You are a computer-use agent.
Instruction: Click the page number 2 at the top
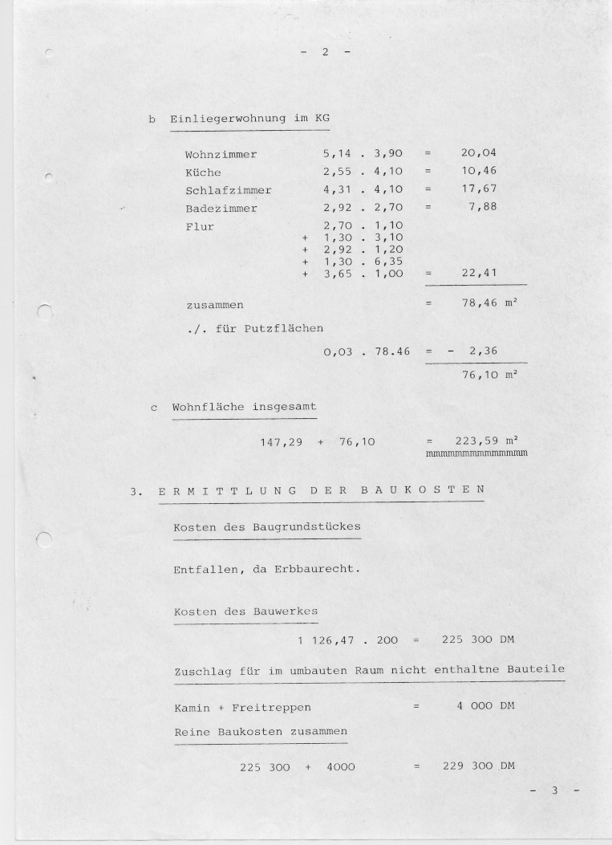[326, 52]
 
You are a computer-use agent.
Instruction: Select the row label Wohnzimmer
[221, 153]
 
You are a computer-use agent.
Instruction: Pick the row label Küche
[203, 173]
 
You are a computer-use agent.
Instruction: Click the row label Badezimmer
[221, 209]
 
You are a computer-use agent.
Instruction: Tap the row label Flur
[200, 226]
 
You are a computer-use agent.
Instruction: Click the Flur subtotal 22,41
[480, 274]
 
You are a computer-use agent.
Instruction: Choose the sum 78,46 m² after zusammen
[488, 305]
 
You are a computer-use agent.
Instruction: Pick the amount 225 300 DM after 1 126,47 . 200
[477, 640]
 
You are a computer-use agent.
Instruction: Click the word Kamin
[193, 707]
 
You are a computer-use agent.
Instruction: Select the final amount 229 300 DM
[477, 766]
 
